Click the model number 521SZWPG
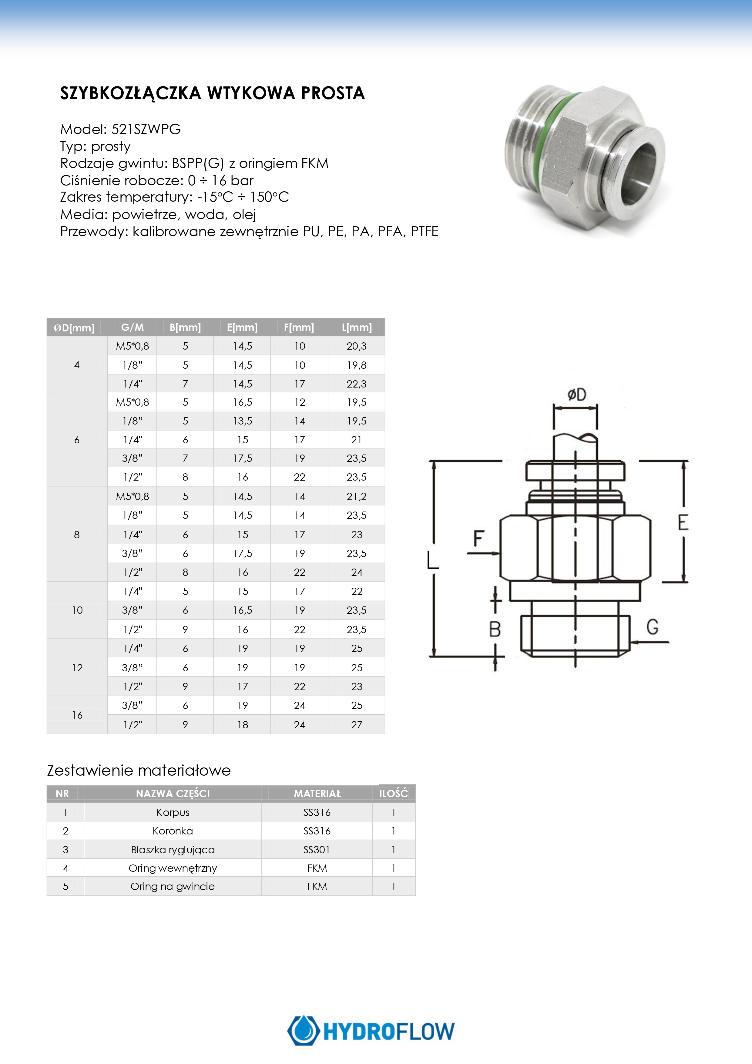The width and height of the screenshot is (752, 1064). [x=146, y=129]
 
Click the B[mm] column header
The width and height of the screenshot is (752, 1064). [x=185, y=327]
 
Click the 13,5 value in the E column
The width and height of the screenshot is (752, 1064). [x=242, y=421]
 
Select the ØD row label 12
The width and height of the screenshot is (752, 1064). [x=77, y=667]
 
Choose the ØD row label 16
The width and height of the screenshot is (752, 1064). [x=77, y=715]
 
